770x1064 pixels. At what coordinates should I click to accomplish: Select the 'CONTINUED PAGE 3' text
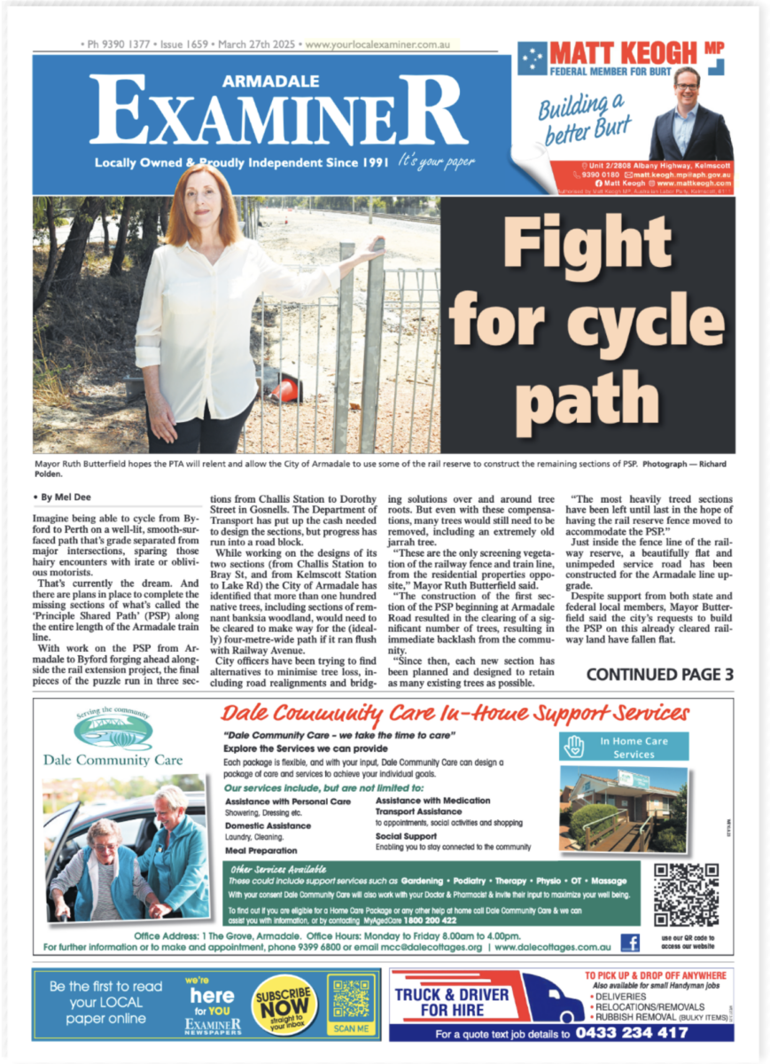click(659, 675)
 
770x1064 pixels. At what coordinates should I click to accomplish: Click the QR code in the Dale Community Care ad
click(685, 895)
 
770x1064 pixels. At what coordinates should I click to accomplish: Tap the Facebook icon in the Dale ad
click(630, 943)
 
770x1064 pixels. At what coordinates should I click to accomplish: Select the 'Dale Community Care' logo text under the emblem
click(113, 760)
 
